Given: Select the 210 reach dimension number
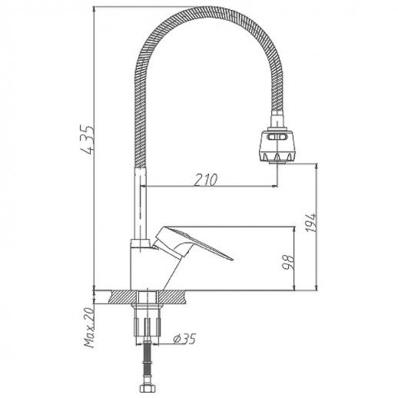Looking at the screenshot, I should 206,179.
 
